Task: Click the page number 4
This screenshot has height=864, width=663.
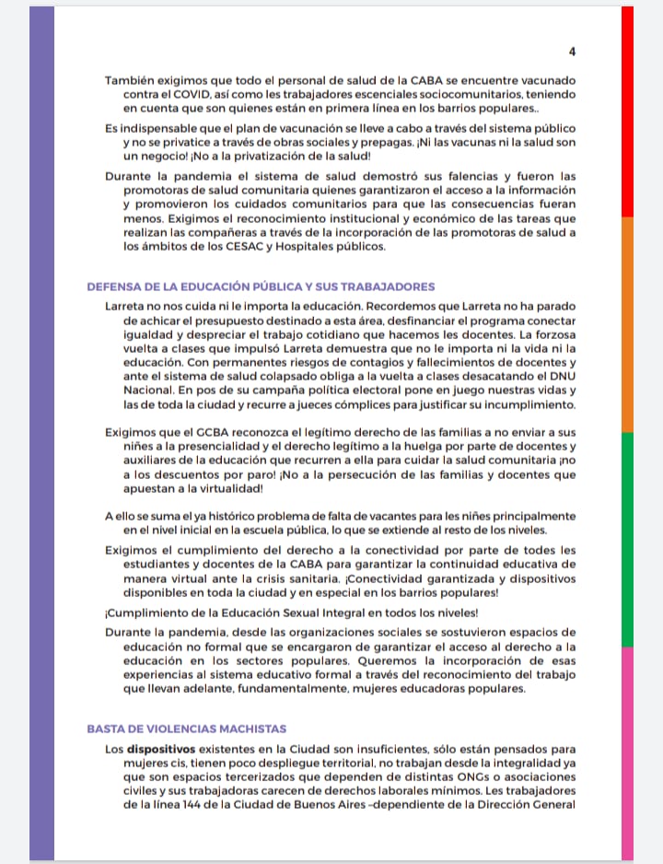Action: point(572,51)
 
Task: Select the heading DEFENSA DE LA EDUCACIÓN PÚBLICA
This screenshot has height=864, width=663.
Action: point(261,286)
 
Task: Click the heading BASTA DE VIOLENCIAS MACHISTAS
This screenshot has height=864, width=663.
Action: point(187,728)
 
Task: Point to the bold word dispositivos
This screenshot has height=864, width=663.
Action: point(164,749)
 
